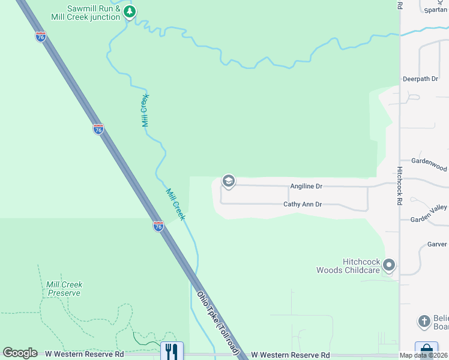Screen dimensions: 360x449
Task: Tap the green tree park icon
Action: [x=129, y=11]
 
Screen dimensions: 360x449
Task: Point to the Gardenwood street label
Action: [x=429, y=161]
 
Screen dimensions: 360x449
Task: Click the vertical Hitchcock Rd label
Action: [x=399, y=186]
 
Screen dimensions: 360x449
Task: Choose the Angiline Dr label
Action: [x=306, y=186]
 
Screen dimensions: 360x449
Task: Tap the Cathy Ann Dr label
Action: [x=303, y=205]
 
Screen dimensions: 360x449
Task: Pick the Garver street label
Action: [x=437, y=244]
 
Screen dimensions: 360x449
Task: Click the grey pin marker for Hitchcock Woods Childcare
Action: [x=389, y=265]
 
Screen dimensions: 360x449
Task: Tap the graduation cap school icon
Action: [x=228, y=181]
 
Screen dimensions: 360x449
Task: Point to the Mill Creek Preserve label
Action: [x=64, y=289]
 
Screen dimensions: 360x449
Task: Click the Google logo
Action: [x=20, y=353]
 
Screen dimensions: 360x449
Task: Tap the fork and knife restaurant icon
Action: [x=172, y=350]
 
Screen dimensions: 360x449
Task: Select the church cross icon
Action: [x=424, y=321]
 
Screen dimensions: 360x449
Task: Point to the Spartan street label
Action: [x=435, y=10]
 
